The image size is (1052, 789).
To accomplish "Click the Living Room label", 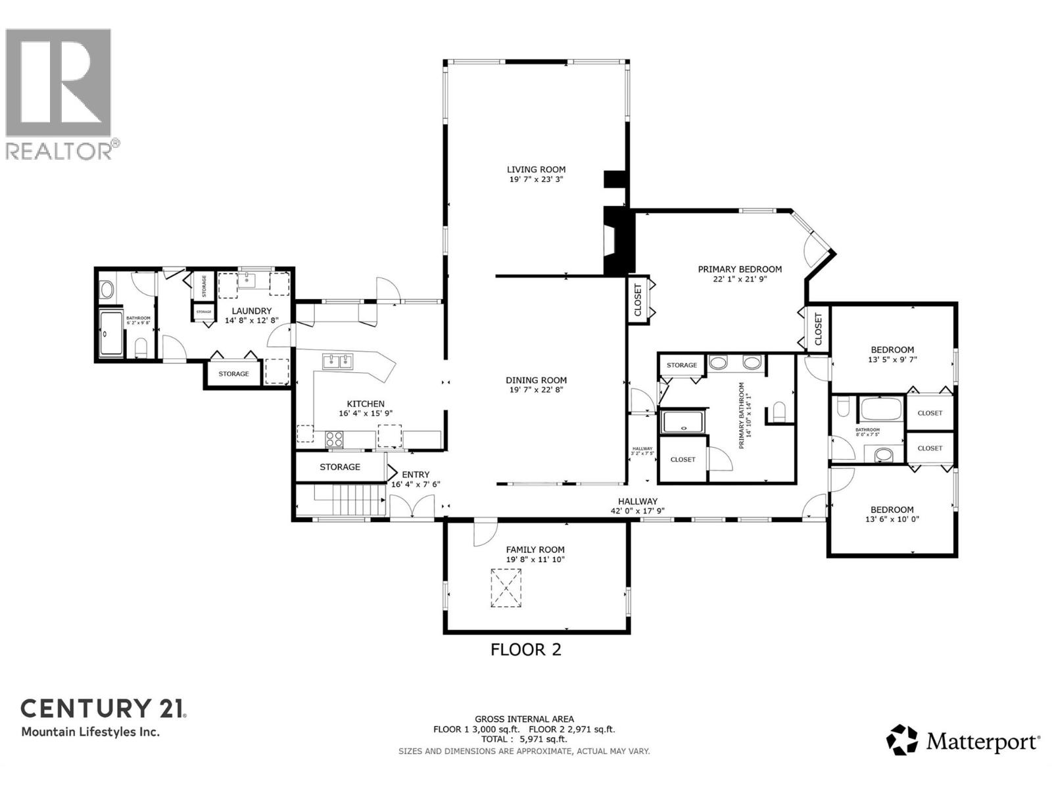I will (536, 170).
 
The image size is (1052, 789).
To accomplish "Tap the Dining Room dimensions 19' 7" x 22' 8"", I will (536, 390).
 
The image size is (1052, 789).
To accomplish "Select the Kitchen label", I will (366, 404).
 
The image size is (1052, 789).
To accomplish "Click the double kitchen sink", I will (337, 361).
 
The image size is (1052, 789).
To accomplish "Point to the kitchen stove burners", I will (334, 439).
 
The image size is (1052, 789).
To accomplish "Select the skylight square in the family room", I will (506, 588).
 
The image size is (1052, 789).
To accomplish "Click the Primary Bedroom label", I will (740, 269).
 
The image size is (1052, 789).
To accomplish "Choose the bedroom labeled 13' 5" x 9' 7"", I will (892, 354).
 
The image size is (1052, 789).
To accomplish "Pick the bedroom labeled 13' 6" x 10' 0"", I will (892, 514).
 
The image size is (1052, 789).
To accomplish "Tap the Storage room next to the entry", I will (340, 467).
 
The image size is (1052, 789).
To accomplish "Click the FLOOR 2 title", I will (526, 650).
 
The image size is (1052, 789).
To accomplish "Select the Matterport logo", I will (963, 742).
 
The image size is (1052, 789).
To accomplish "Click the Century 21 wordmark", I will (104, 708).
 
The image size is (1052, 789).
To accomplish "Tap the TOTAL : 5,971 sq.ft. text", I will (524, 739).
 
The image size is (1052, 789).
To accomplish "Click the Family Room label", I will (535, 550).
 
